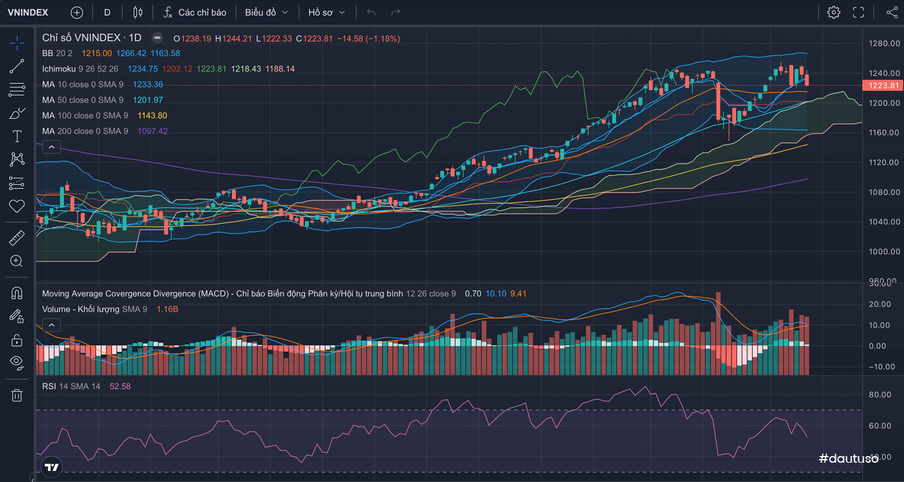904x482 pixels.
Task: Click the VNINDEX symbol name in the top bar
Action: (28, 12)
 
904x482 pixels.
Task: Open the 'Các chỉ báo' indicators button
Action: (195, 12)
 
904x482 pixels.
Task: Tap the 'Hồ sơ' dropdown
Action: (327, 12)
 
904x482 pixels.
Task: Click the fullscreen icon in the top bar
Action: (858, 12)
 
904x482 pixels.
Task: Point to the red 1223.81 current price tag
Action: (882, 86)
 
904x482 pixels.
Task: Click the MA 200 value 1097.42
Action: (152, 131)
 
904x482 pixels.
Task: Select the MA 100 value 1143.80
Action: (152, 115)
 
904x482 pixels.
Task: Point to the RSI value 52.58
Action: (120, 386)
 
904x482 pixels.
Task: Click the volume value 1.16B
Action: (167, 309)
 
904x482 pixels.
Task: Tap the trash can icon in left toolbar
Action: (17, 395)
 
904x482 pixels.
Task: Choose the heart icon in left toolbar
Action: (17, 206)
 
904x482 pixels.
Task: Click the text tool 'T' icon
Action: (17, 136)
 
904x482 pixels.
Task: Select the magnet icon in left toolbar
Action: (17, 293)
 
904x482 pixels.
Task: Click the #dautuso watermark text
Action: (849, 459)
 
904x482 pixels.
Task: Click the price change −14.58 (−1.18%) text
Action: (368, 38)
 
